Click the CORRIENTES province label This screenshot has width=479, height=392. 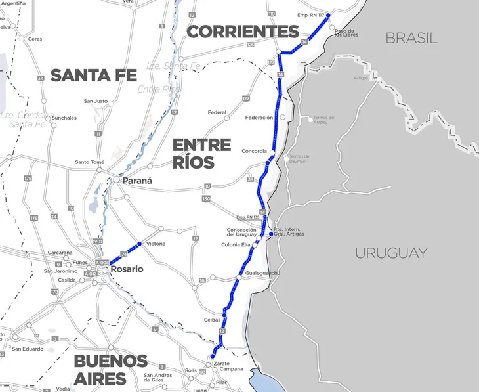coord(243,32)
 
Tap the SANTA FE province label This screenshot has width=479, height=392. coord(93,75)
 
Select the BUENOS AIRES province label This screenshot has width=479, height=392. coord(110,370)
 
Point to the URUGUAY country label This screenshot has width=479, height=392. coord(391,253)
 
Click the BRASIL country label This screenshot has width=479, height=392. coord(411,37)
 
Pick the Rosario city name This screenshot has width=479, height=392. coord(127,269)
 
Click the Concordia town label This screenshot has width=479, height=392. coord(255,151)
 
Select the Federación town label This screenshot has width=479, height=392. coord(259,118)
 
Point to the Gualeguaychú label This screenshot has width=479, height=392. coord(262,272)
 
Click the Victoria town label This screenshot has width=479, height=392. coord(156,244)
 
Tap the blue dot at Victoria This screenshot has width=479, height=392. coord(139,244)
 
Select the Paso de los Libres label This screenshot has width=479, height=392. coord(344,33)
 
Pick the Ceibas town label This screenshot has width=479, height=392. coord(211,320)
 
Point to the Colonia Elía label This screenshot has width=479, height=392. coord(236,245)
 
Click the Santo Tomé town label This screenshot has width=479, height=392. coord(89,162)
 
